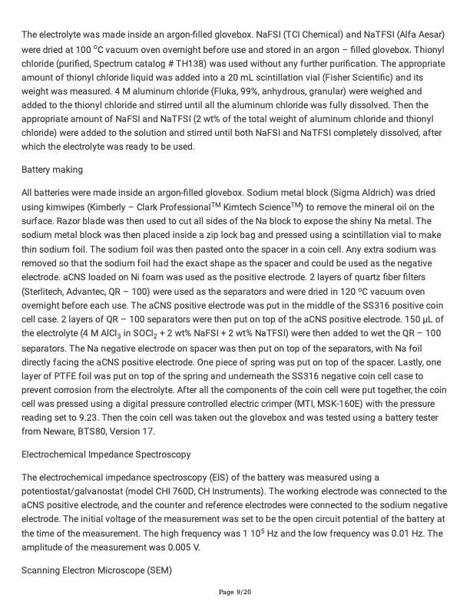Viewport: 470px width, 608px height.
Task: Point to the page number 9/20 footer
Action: [234, 591]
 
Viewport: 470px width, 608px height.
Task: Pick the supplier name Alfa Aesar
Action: [427, 34]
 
